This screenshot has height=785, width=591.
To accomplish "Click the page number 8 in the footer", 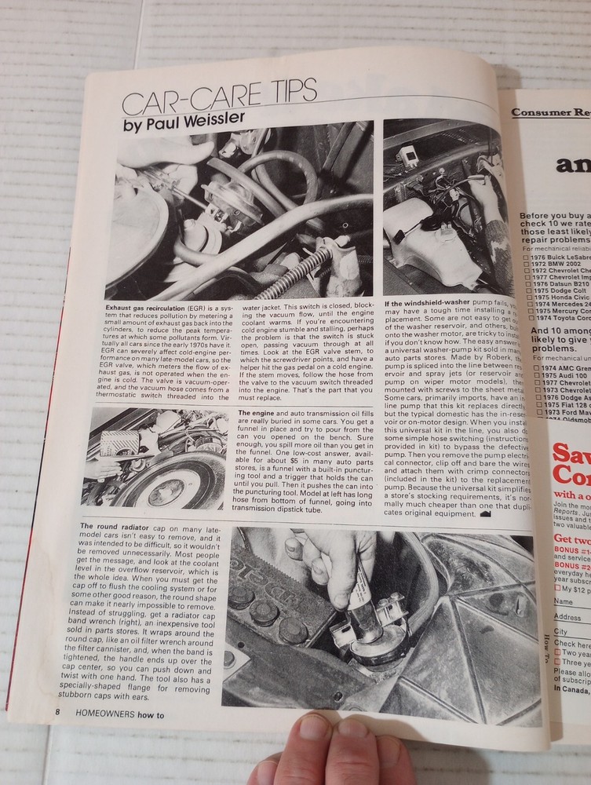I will pyautogui.click(x=58, y=711).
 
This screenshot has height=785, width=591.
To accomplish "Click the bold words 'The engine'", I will pyautogui.click(x=256, y=412).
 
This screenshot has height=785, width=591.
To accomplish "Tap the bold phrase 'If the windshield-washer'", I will pyautogui.click(x=430, y=303).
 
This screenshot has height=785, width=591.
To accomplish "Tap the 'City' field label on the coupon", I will pyautogui.click(x=560, y=631).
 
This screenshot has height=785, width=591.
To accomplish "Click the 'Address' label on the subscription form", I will pyautogui.click(x=567, y=616).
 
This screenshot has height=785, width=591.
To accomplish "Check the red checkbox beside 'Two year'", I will pyautogui.click(x=557, y=652).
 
